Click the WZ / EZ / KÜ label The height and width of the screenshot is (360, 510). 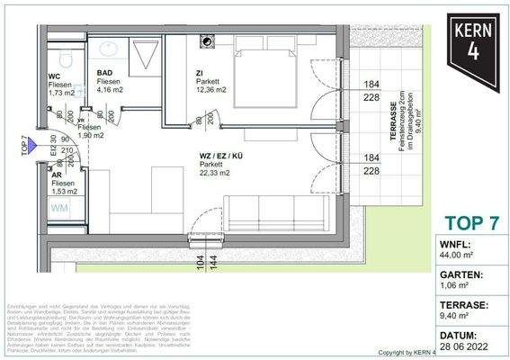[221, 155]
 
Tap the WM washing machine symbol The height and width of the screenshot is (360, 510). [58, 208]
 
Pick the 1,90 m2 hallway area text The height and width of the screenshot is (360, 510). [89, 138]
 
